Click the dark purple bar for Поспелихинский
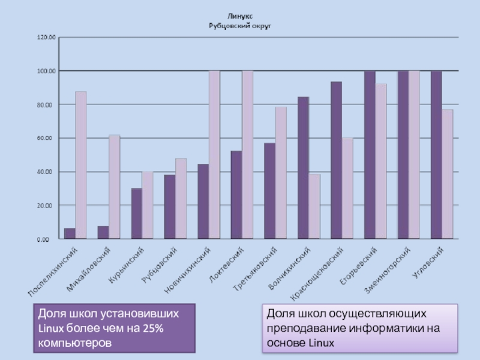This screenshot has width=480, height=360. point(70,233)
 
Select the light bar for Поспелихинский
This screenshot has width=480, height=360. point(81,165)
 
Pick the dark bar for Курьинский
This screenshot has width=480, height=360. point(137,214)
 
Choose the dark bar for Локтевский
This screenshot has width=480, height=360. point(236,195)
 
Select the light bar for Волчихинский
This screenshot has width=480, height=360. point(314,206)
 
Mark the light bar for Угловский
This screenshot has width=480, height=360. point(447,174)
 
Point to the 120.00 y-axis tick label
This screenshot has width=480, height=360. point(46,37)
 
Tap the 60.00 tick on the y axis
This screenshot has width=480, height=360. point(47,138)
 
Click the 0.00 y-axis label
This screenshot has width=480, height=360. point(49,239)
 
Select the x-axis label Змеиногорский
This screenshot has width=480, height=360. point(387,270)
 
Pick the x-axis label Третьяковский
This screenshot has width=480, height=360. point(255,270)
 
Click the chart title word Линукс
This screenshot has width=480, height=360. point(240,16)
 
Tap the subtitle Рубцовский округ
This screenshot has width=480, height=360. point(240,25)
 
